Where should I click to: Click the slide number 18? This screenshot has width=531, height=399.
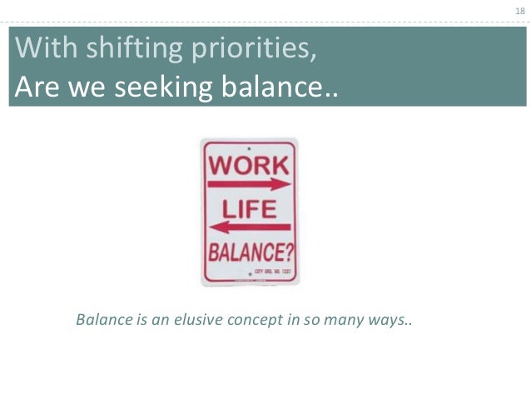click(519, 11)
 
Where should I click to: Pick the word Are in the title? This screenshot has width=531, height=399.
click(36, 87)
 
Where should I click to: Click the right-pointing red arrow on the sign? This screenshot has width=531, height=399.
click(249, 184)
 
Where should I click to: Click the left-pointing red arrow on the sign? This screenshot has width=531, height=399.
click(249, 227)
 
